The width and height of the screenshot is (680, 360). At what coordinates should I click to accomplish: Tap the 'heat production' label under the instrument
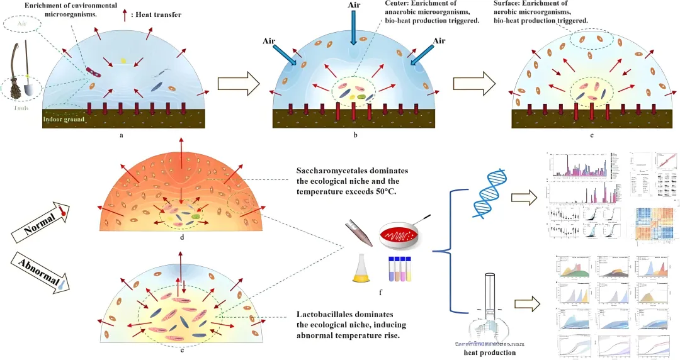(x=489, y=353)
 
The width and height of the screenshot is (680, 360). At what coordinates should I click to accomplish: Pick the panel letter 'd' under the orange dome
(x=183, y=237)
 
